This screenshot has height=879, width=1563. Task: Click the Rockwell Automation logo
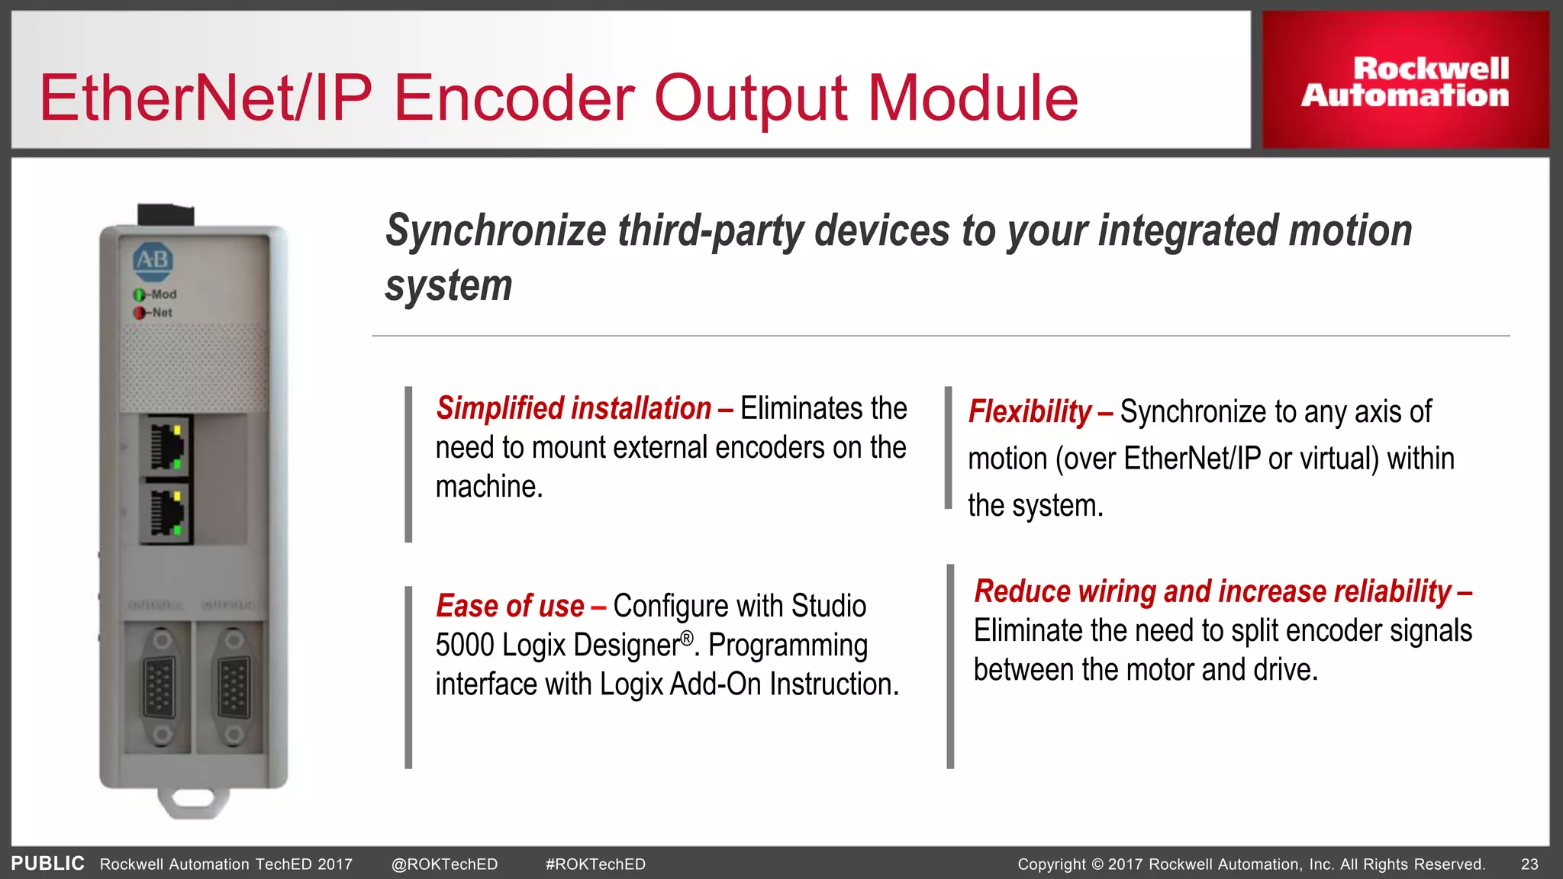1405,81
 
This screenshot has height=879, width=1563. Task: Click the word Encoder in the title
513,98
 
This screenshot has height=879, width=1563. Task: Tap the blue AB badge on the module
153,260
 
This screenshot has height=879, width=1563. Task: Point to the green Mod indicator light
139,295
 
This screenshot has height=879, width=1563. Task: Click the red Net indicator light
139,313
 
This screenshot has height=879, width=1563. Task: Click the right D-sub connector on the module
233,687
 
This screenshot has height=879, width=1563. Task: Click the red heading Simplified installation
573,408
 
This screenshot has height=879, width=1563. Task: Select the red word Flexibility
1030,412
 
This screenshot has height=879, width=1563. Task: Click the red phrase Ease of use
510,606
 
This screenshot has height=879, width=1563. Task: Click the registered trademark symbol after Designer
687,637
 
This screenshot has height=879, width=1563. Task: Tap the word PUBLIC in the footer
47,863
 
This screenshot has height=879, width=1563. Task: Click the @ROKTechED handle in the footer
444,865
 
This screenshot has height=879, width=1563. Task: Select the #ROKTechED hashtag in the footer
595,865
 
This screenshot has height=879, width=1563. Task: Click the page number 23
1529,865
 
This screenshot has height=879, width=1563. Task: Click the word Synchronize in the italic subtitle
496,230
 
